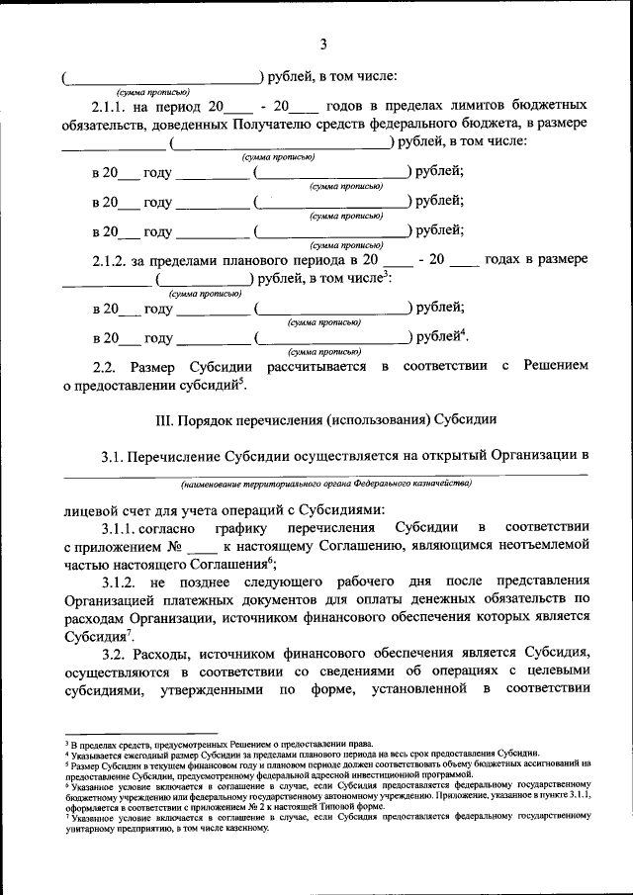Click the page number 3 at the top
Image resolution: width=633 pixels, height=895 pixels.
click(323, 44)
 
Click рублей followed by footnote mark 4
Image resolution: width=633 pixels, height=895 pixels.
click(437, 337)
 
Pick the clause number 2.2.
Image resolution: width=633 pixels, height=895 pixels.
click(105, 367)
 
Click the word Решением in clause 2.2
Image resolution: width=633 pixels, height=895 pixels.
click(556, 367)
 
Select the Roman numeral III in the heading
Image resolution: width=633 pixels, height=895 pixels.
click(164, 420)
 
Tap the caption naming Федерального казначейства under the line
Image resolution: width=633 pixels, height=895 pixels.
click(325, 485)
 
